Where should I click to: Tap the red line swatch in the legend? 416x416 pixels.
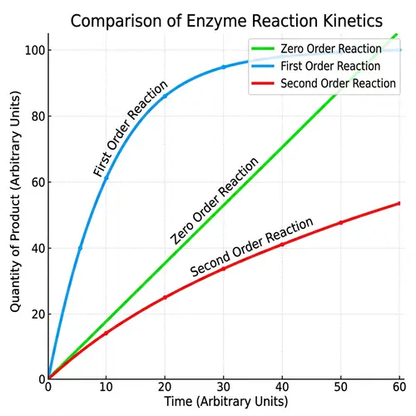(x=263, y=84)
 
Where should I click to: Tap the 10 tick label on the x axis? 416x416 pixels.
(x=106, y=387)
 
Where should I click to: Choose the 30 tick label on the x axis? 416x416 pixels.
(x=224, y=387)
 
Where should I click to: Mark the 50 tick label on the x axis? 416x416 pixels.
(x=341, y=387)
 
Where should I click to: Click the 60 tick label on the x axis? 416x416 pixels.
(x=399, y=387)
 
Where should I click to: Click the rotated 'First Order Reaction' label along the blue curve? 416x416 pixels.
(x=130, y=128)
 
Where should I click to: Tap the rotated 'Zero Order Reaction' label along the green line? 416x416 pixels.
(x=214, y=200)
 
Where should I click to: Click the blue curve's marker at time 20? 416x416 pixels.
(x=165, y=97)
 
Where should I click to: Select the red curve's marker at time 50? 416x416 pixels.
(x=340, y=222)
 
